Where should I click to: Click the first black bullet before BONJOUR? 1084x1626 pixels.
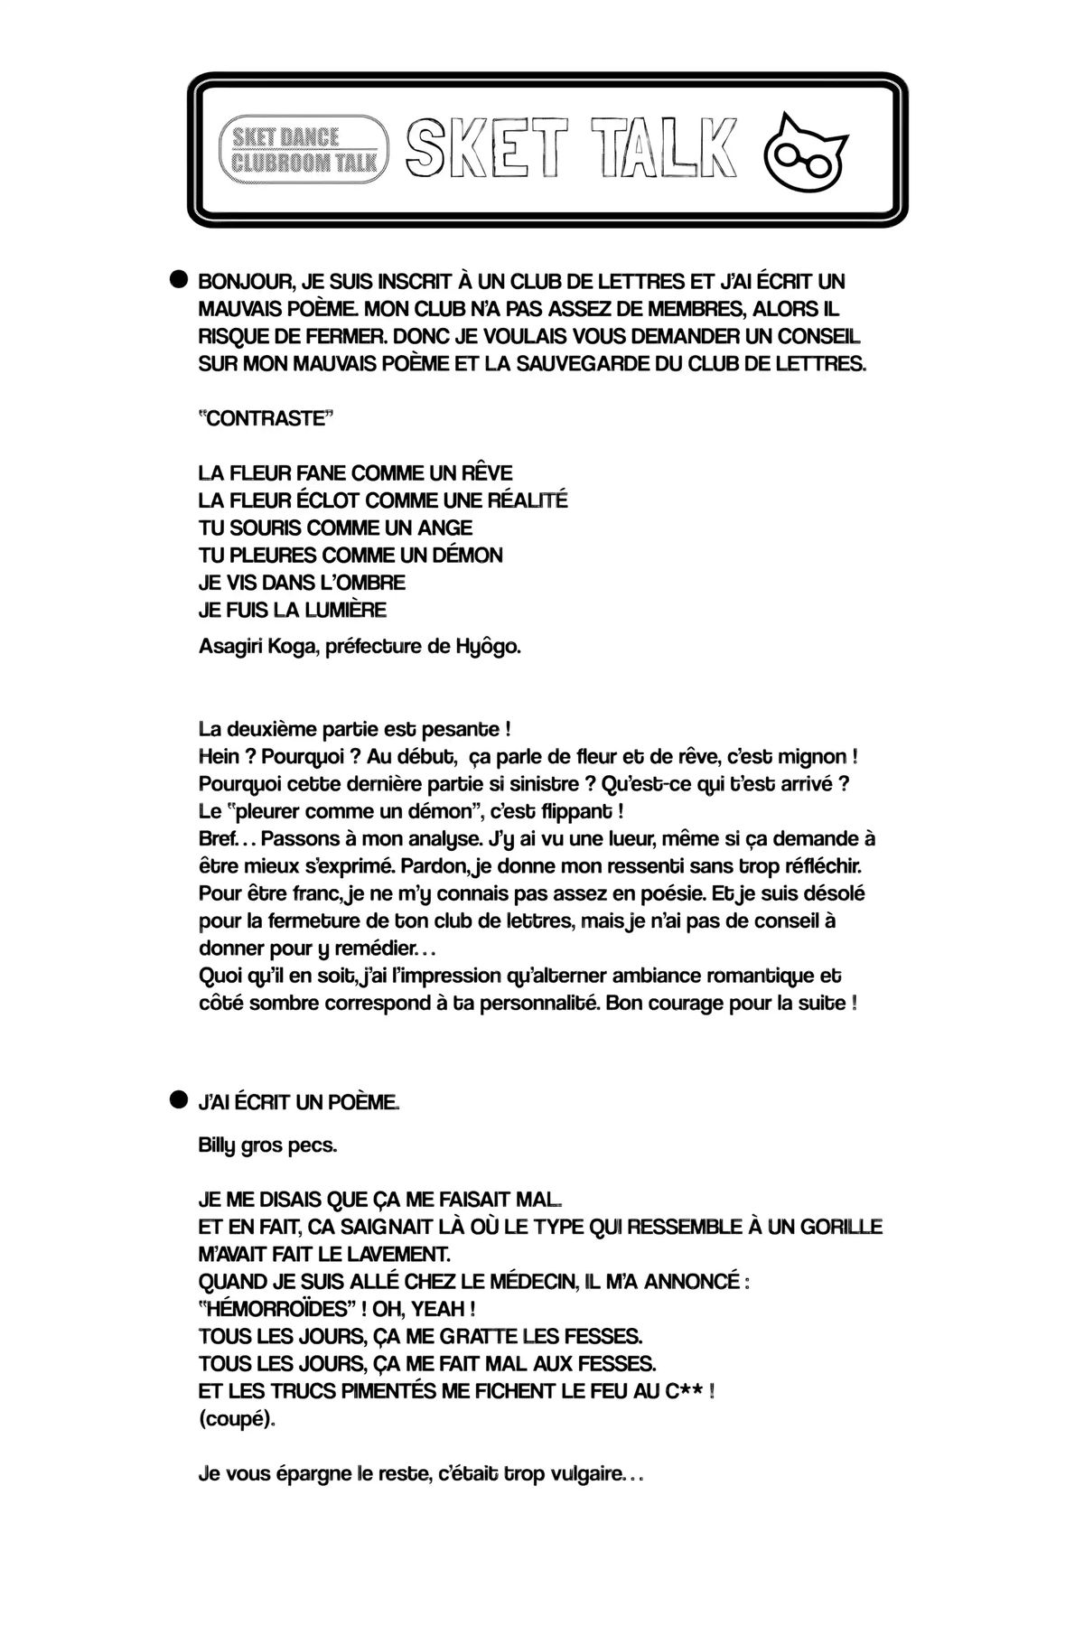[178, 280]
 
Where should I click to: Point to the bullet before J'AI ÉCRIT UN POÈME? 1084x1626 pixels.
[178, 1099]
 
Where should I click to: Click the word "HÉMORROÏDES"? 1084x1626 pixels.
[276, 1309]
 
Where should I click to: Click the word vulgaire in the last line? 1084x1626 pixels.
[583, 1474]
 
